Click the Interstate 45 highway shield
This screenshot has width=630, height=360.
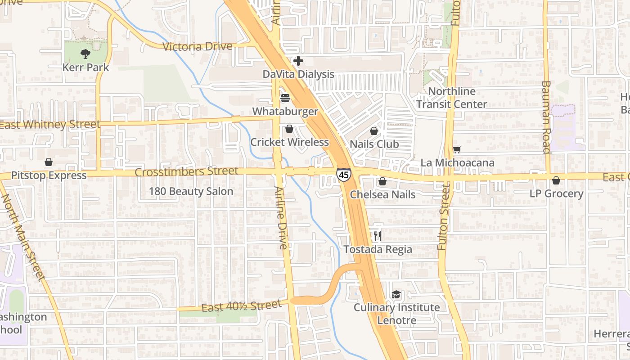pos(343,175)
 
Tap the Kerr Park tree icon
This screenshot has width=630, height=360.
pos(85,54)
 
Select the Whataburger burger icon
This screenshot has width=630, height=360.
pos(285,98)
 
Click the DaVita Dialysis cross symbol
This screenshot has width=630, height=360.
pos(298,61)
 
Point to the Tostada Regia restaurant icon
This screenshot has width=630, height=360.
pos(377,236)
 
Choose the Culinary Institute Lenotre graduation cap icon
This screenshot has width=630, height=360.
pos(396,295)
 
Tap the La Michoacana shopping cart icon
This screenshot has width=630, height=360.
pos(457,149)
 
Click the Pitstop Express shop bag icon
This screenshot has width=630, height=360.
pos(49,162)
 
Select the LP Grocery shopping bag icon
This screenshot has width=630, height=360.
pos(556,180)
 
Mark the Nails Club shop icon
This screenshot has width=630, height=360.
pos(374,131)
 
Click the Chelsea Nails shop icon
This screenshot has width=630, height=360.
pos(382,181)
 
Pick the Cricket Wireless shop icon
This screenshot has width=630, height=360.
pos(289,129)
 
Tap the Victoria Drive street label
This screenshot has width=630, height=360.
pos(198,46)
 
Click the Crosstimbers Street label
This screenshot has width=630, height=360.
pos(186,171)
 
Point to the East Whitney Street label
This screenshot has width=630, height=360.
pos(49,125)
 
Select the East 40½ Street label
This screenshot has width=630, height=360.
pos(241,306)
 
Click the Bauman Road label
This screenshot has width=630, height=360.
pos(546,117)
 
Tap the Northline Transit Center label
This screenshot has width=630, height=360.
pos(451,98)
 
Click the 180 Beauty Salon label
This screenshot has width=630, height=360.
pos(191,191)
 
